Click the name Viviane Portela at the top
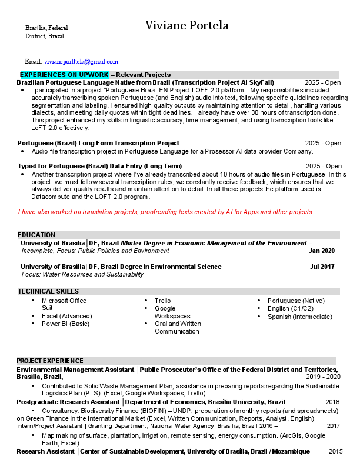pos(187,25)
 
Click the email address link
pos(81,61)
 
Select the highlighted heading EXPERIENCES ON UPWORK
pos(65,75)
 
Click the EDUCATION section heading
pos(36,234)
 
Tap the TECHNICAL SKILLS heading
pos(48,291)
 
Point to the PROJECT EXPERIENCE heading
pos(50,360)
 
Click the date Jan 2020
pos(321,251)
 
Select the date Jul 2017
pos(322,267)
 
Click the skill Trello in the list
pos(163,301)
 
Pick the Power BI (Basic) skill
pos(65,324)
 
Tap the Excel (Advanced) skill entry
pos(66,316)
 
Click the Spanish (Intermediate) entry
pos(299,317)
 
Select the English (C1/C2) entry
pos(291,308)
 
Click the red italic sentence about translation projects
pos(166,212)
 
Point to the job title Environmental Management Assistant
pos(75,370)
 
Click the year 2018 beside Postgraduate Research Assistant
pos(333,402)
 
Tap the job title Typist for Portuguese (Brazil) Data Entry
pos(99,166)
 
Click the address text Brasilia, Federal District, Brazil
pos(46,32)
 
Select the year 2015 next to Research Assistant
pos(335,451)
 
